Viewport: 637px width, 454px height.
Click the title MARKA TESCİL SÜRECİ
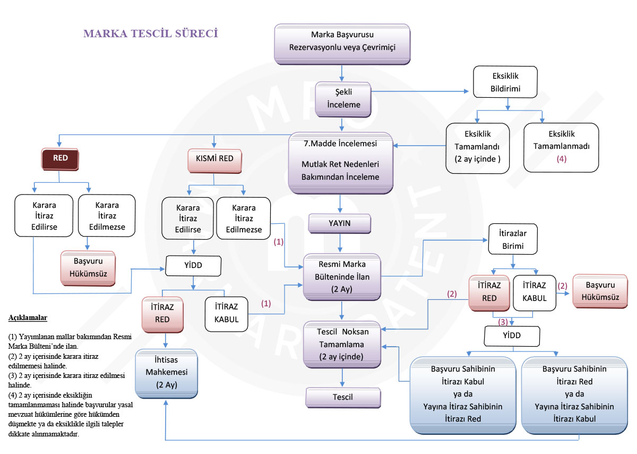[151, 33]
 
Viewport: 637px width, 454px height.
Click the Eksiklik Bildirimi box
[505, 82]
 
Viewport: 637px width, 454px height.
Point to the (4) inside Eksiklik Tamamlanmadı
[561, 158]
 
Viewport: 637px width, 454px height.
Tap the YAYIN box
[340, 223]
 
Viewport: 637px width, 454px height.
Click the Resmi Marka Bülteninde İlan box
[342, 276]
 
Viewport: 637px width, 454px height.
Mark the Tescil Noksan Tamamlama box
[342, 343]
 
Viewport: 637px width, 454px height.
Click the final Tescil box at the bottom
[342, 397]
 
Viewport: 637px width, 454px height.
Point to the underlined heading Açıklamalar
[28, 318]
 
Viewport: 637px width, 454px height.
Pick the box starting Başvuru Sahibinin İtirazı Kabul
[462, 394]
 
